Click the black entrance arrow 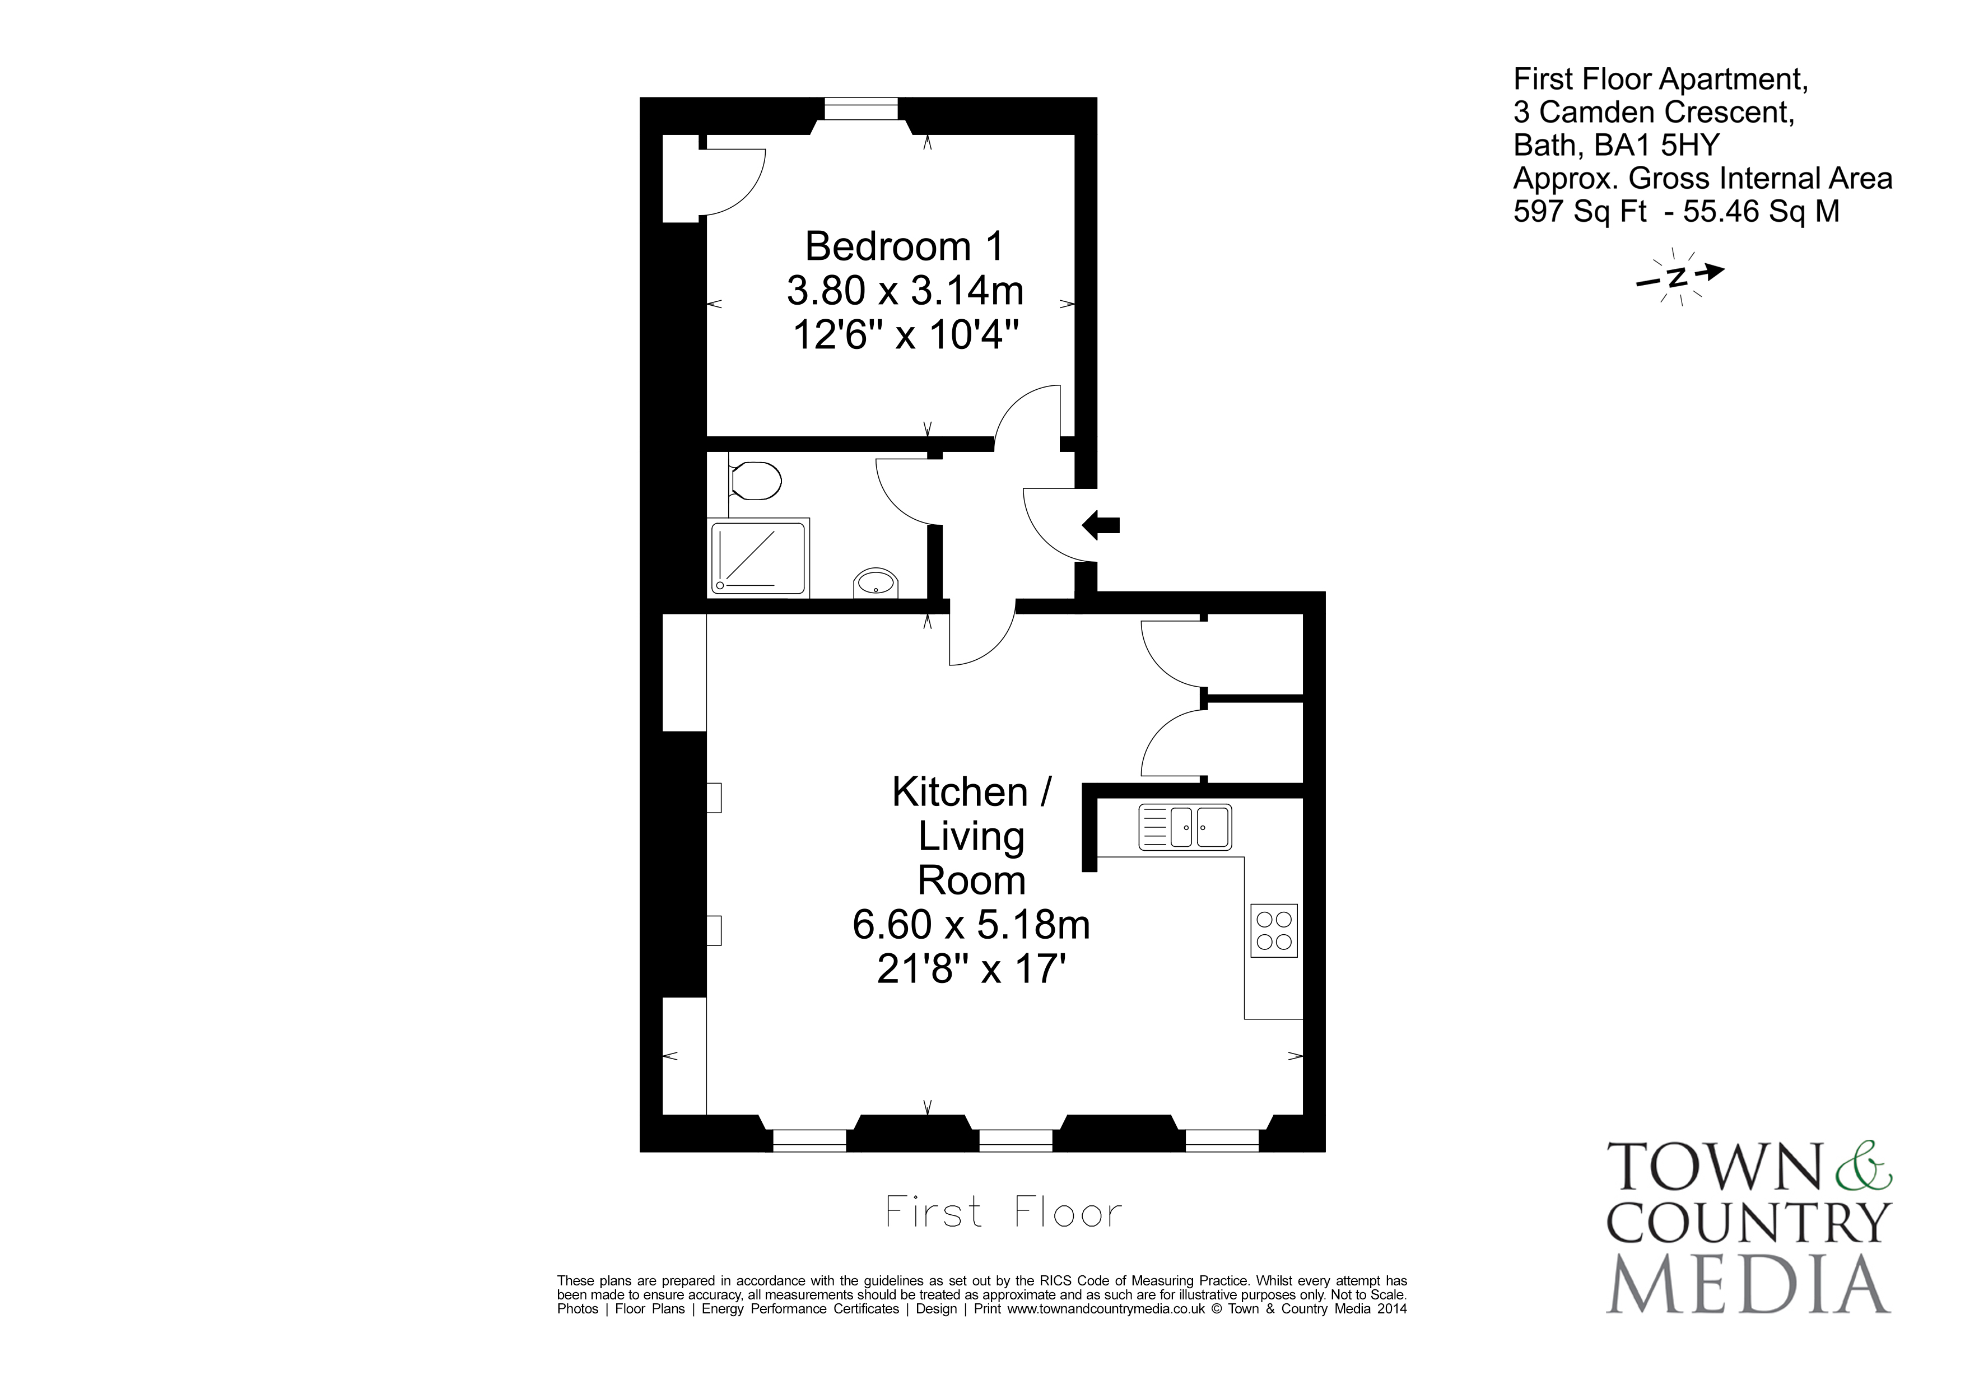point(1101,525)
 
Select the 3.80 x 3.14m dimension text point(905,291)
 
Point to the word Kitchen point(960,793)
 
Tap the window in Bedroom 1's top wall point(861,109)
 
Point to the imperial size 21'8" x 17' point(971,969)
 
